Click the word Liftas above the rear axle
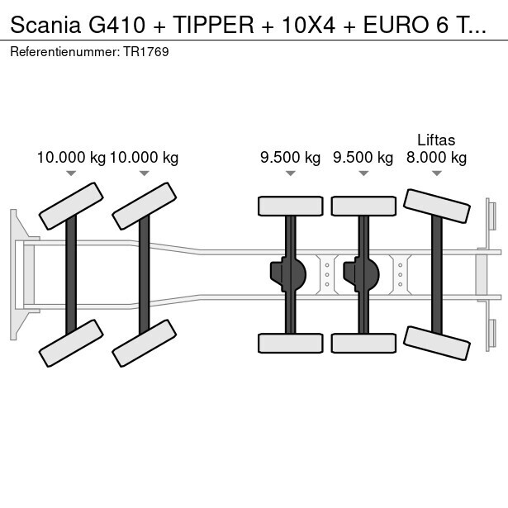point(436,140)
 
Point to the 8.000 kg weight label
point(436,158)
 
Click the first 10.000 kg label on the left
point(71,158)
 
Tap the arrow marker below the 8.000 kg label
point(436,173)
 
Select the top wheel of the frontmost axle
point(72,205)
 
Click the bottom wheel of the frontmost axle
point(72,343)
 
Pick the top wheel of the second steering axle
point(145,207)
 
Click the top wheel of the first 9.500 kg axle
point(290,206)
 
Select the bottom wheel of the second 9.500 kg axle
point(363,343)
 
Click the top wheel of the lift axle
point(436,206)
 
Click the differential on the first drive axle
point(288,273)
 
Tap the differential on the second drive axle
point(361,273)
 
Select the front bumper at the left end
point(15,273)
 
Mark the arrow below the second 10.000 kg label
point(145,173)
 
